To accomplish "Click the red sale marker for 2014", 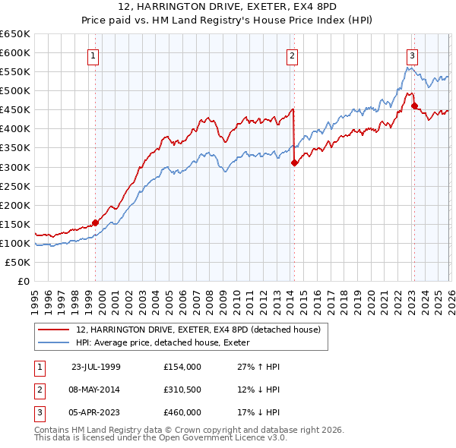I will tap(294, 162).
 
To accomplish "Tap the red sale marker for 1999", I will tap(95, 222).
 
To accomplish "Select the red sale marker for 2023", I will tap(414, 106).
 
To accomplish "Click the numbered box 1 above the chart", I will tap(93, 55).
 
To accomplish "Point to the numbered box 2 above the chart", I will tap(292, 55).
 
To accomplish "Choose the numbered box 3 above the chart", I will tap(412, 55).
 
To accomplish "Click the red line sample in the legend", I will tap(55, 330).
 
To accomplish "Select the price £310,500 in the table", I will tap(182, 390).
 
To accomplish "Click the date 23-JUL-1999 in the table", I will tap(96, 367).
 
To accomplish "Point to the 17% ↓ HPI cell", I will tap(258, 412).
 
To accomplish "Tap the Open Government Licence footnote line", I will tap(160, 438).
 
